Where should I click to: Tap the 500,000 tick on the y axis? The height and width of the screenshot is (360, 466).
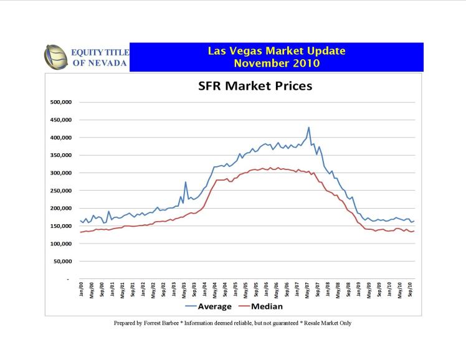pyautogui.click(x=62, y=102)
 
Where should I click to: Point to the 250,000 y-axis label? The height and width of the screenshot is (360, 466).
pyautogui.click(x=62, y=191)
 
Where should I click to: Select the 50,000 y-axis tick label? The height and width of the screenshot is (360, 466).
pyautogui.click(x=64, y=262)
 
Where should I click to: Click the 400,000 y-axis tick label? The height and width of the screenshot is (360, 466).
pyautogui.click(x=62, y=138)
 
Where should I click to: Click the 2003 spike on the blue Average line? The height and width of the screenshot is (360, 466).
pyautogui.click(x=186, y=182)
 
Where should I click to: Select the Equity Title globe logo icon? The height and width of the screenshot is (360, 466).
pyautogui.click(x=55, y=57)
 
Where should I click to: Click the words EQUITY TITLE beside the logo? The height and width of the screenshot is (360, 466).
pyautogui.click(x=100, y=52)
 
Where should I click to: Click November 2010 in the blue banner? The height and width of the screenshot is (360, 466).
pyautogui.click(x=276, y=63)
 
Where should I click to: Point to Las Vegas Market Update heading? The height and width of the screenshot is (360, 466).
pyautogui.click(x=276, y=50)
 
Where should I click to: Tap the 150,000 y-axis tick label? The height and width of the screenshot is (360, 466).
pyautogui.click(x=62, y=226)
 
